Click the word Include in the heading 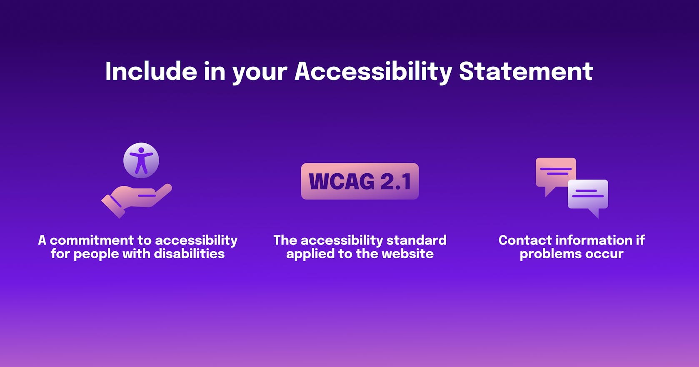coord(151,71)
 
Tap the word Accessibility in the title coord(373,72)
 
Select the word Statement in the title coord(526,71)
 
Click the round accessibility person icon coord(141,160)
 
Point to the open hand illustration coord(136,199)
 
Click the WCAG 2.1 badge coord(360,181)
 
